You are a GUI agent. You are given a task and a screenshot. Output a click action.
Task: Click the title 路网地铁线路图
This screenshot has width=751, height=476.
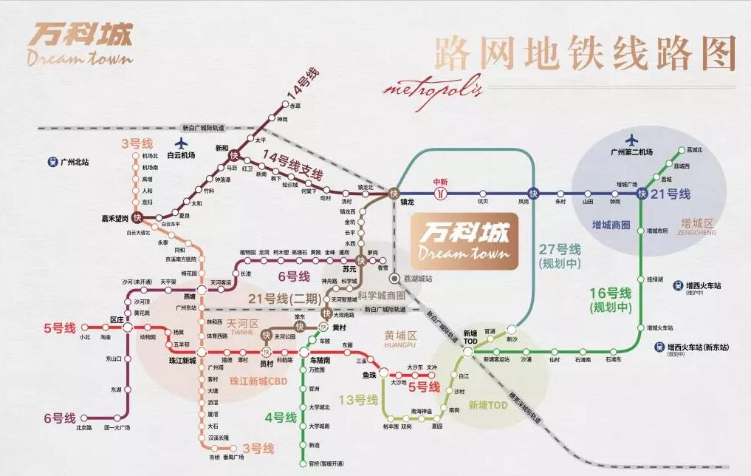(586, 52)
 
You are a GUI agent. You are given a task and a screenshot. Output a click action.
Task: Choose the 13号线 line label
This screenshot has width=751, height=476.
(357, 400)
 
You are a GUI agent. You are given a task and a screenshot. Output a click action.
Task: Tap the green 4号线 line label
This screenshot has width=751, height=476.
(281, 418)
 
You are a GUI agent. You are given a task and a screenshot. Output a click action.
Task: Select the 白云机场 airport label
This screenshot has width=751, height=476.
(181, 156)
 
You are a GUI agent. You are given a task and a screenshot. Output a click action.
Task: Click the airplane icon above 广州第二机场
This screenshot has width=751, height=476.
(631, 139)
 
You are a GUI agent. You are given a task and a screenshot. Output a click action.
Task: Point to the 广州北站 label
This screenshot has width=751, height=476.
(75, 161)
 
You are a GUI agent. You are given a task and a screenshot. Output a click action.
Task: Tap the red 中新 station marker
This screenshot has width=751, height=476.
(441, 193)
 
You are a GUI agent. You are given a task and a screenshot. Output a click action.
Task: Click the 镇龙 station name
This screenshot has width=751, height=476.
(408, 201)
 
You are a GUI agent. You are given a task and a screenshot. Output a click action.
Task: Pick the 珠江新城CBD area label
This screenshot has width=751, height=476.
(257, 381)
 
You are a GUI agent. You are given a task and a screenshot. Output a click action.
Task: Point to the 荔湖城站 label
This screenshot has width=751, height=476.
(419, 279)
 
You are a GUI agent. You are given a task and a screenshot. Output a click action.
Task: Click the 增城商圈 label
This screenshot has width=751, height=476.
(611, 225)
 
